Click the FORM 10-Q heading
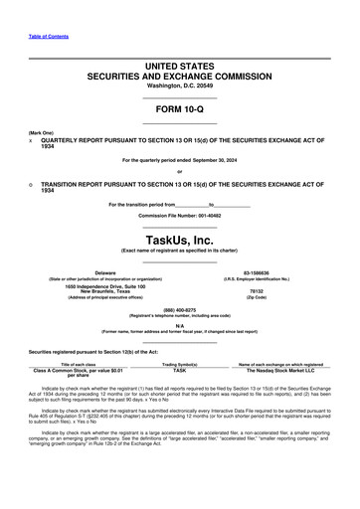179,110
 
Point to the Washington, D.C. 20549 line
179,85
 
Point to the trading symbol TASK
179,369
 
